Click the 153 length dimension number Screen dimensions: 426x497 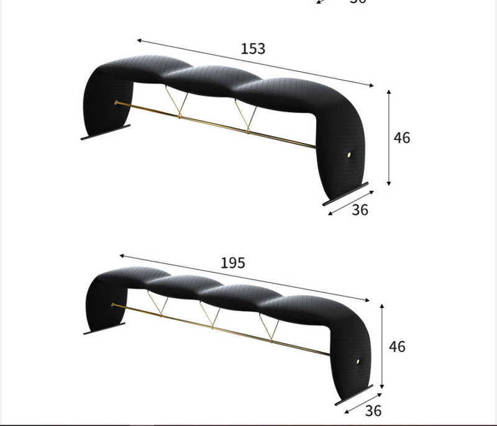pos(253,48)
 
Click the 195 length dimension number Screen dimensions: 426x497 pos(233,263)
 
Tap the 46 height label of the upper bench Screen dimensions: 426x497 pos(402,137)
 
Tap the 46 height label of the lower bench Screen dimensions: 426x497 pos(397,346)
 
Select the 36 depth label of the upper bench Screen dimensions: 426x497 pos(360,210)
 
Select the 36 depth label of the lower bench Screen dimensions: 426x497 pos(373,410)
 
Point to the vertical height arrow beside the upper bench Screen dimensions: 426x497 pos(389,137)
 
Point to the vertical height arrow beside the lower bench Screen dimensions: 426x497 pos(382,345)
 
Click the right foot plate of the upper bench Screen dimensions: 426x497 pos(345,193)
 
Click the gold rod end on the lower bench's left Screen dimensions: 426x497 pos(113,304)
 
